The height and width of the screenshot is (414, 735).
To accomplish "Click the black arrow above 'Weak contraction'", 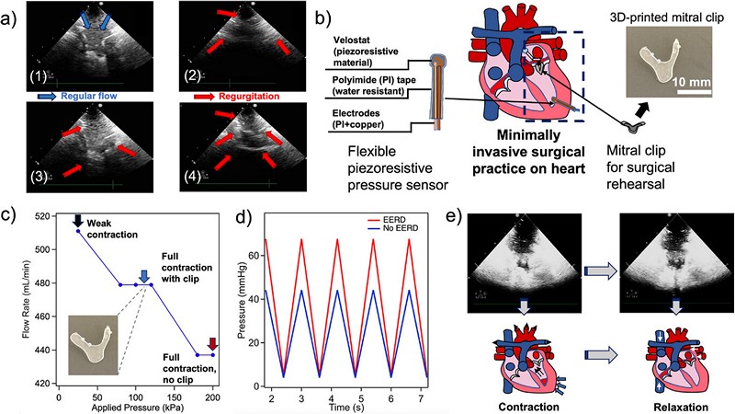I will tap(78, 221).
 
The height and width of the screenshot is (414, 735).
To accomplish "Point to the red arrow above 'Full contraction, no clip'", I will tap(212, 345).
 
